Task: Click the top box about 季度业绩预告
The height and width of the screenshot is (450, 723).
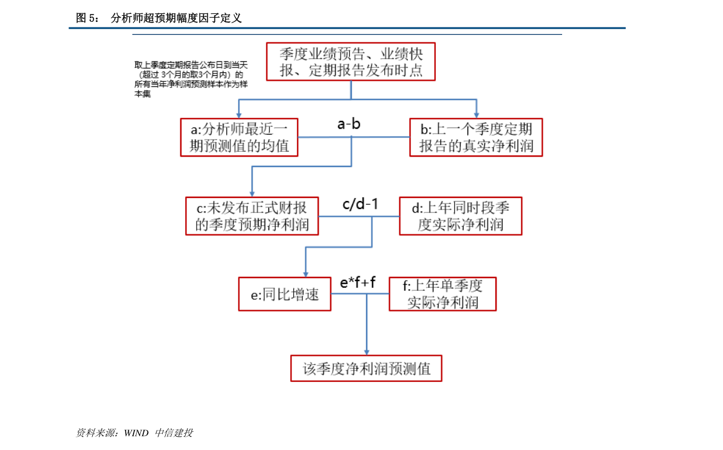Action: tap(351, 62)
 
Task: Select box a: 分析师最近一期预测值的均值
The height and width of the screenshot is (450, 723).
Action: tap(239, 137)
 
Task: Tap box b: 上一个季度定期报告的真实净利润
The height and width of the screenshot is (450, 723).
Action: tap(476, 137)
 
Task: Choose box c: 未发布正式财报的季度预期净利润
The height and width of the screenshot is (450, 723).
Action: tap(252, 216)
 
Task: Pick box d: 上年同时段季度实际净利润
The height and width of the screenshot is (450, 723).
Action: tap(461, 216)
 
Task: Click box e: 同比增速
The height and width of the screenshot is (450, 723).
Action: tap(285, 294)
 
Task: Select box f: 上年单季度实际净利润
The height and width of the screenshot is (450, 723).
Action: tap(443, 294)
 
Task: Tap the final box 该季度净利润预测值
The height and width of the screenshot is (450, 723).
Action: tap(366, 369)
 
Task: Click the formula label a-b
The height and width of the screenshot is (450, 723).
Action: tap(349, 124)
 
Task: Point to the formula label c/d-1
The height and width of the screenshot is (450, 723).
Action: tap(361, 204)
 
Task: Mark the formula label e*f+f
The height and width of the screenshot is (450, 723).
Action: tap(358, 282)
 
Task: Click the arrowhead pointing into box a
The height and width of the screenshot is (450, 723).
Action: tap(239, 115)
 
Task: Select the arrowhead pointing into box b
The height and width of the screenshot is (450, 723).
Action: tap(477, 115)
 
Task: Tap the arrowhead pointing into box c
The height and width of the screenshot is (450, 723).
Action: tap(252, 194)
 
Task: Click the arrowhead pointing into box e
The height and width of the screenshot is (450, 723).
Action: tap(306, 274)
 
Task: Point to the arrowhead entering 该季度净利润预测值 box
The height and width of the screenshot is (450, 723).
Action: tap(367, 352)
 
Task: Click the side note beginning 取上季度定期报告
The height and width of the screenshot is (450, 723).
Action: tap(191, 80)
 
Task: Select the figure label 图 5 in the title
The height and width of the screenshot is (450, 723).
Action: tap(87, 18)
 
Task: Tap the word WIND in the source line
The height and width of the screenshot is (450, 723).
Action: tap(136, 433)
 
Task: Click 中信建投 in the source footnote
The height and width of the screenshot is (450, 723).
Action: tap(174, 433)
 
